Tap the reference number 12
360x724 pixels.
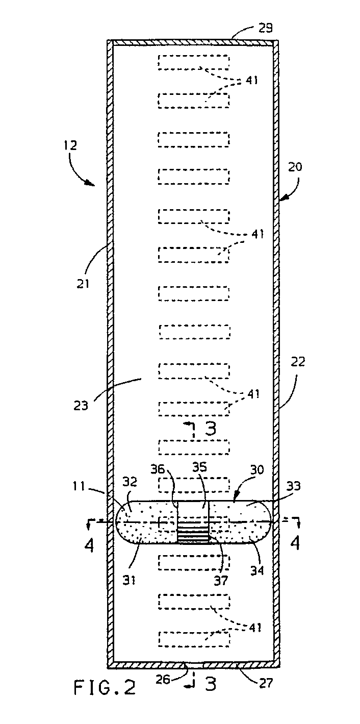coord(70,145)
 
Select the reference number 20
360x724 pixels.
coord(295,167)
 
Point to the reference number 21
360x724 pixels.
coord(83,284)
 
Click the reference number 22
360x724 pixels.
coord(298,361)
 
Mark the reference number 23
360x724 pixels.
coord(81,405)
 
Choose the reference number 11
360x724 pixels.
coord(79,486)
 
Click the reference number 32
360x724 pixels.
coord(130,482)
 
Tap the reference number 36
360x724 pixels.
coord(158,469)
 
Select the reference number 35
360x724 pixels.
coord(199,467)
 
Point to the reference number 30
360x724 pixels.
coord(257,469)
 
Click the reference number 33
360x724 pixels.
coord(293,486)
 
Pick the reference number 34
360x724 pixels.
coord(256,571)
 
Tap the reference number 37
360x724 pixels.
coord(221,581)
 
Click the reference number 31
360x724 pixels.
coord(128,581)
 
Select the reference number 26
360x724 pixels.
coord(163,680)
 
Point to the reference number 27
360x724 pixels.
coord(266,683)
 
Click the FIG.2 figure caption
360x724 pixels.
coord(105,687)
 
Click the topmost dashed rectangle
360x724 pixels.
coord(194,62)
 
